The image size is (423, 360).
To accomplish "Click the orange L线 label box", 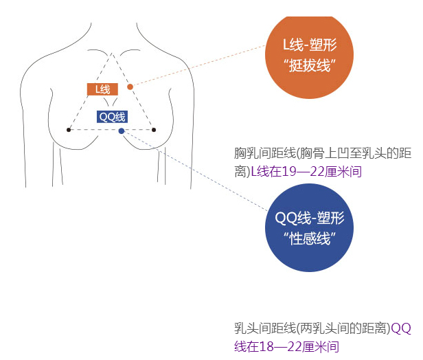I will (x=102, y=89).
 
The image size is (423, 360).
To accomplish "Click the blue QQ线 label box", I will (x=113, y=116).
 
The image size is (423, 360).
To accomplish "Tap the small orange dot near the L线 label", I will (x=130, y=87).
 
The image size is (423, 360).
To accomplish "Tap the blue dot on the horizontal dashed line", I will (x=122, y=130).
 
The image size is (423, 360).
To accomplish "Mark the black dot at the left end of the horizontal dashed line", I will (x=68, y=129).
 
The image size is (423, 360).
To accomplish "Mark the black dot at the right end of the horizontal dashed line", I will (x=154, y=129).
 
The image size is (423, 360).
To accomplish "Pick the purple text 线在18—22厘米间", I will (x=287, y=346).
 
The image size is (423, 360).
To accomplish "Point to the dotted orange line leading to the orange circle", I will (x=199, y=66).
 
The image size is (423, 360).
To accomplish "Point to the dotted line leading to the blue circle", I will (x=199, y=172).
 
